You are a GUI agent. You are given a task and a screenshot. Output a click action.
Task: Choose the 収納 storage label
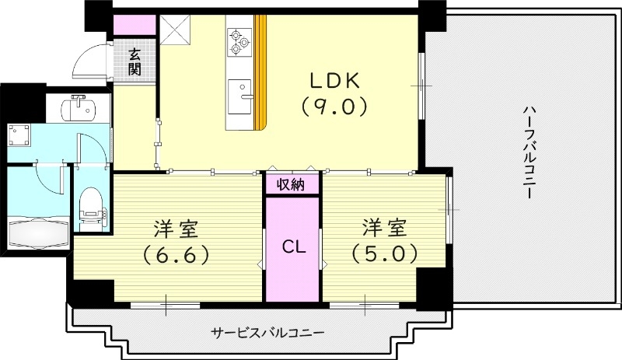point(292,185)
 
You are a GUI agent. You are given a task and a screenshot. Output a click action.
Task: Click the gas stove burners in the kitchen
point(237,42)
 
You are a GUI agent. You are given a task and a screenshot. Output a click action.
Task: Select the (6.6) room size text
point(175,254)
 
